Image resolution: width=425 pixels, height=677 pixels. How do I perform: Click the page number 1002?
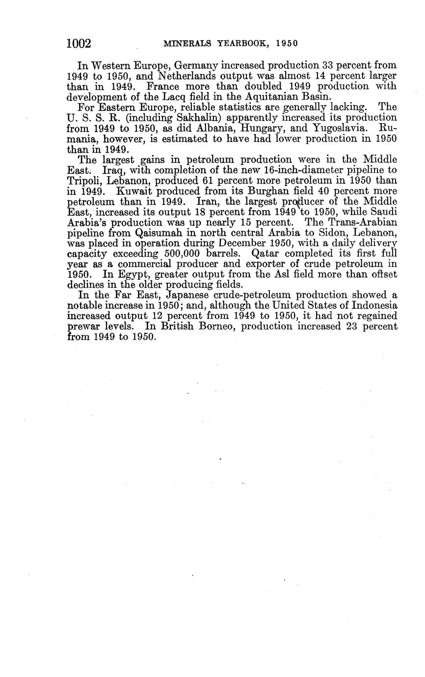tap(79, 44)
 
